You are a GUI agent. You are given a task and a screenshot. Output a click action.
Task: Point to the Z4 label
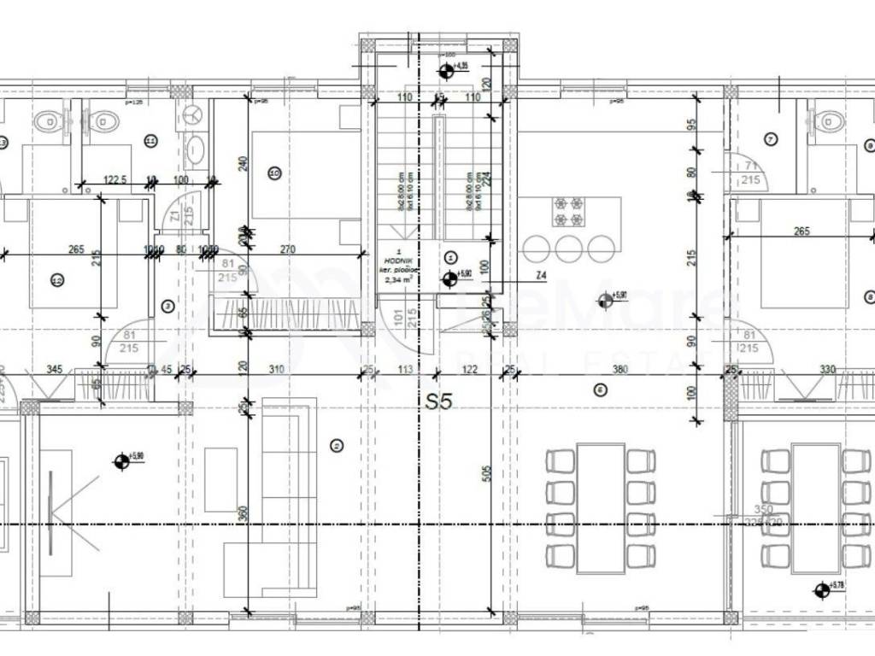click(541, 275)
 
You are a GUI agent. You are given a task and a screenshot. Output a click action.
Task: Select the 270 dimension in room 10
click(288, 249)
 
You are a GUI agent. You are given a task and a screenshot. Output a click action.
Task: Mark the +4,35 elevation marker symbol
click(444, 70)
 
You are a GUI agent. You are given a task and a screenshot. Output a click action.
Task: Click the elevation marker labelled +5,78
click(821, 589)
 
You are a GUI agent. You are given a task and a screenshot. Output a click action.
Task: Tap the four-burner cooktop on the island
click(567, 211)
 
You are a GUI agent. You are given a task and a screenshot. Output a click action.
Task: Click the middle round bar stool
click(567, 248)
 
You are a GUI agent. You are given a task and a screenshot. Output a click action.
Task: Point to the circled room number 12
click(57, 279)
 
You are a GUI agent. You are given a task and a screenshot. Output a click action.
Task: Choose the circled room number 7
click(770, 138)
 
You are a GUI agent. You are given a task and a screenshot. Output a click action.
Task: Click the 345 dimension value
click(55, 369)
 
